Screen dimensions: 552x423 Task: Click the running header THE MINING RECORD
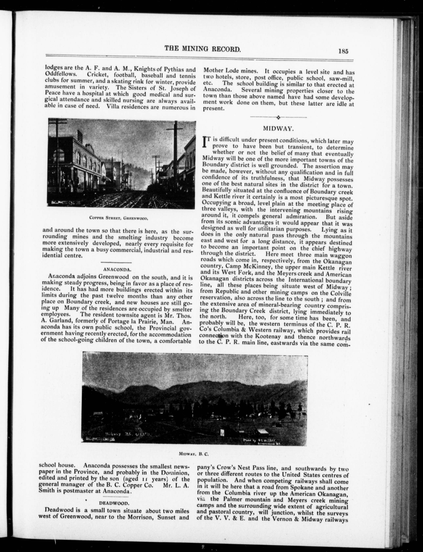tap(202, 49)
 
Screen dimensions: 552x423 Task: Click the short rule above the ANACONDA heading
tap(116, 262)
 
